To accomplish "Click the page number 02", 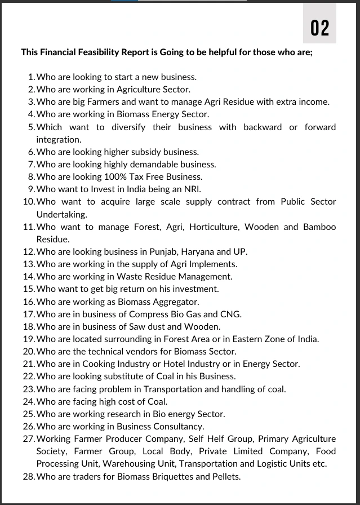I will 319,27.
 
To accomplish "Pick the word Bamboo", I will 319,227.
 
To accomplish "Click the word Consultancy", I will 176,426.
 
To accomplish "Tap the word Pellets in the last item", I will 225,476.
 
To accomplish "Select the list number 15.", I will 29,289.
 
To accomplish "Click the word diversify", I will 127,127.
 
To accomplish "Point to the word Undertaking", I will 62,214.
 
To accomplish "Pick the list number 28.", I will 29,476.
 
